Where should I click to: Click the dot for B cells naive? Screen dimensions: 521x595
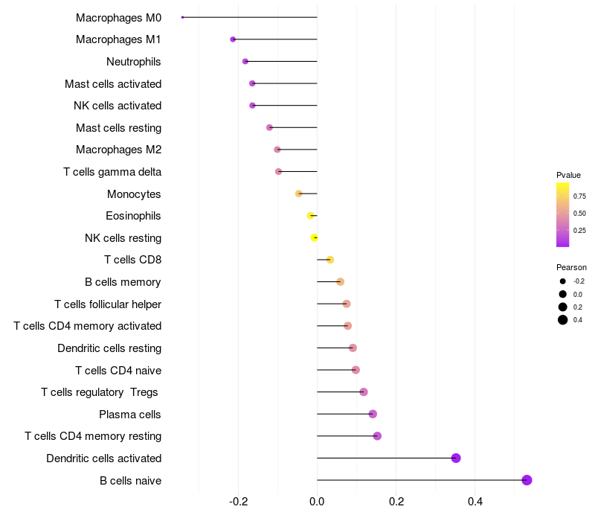[x=527, y=480]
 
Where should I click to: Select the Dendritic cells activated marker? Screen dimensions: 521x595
[x=456, y=458]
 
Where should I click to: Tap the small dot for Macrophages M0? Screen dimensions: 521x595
[x=182, y=17]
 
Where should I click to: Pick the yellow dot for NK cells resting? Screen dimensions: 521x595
[x=315, y=237]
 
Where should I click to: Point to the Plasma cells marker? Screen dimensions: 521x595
[x=373, y=414]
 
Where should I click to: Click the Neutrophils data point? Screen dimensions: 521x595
[x=245, y=61]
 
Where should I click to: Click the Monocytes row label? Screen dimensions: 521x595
[x=134, y=194]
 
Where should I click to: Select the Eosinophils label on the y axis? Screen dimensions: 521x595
[x=133, y=216]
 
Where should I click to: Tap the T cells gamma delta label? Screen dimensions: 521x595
[x=112, y=172]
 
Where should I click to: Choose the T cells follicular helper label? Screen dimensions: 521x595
[x=108, y=304]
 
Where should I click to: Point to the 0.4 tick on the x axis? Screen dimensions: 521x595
[x=475, y=502]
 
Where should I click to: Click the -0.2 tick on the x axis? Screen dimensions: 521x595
[x=238, y=502]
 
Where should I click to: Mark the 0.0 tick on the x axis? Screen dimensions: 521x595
[x=317, y=502]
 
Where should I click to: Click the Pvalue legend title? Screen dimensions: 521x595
[x=568, y=175]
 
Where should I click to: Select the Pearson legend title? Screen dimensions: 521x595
[x=571, y=267]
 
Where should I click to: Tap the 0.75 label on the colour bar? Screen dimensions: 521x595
[x=579, y=196]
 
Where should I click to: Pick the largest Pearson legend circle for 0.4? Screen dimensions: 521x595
[x=563, y=320]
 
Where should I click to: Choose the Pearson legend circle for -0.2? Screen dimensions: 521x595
[x=563, y=281]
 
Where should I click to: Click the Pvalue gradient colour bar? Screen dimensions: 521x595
[x=563, y=214]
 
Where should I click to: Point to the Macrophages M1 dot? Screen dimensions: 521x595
[x=233, y=39]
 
